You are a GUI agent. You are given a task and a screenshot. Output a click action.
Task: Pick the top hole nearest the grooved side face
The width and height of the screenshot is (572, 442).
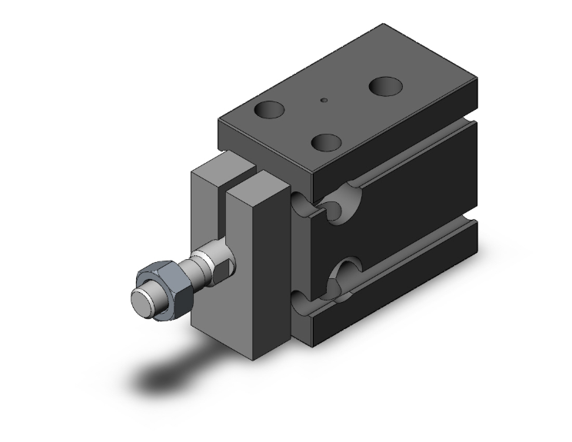coord(327,142)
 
